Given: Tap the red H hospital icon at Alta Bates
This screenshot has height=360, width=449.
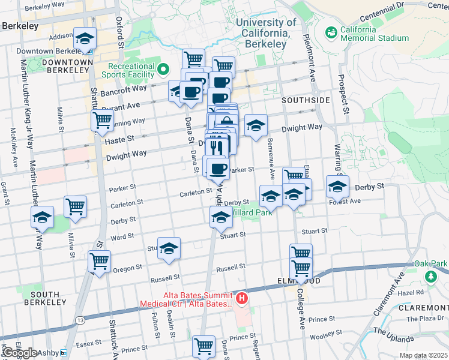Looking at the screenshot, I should pyautogui.click(x=241, y=298).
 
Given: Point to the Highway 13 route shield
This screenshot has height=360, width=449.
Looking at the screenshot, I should pyautogui.click(x=79, y=320).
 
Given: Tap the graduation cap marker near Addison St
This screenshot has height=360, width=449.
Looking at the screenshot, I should pyautogui.click(x=85, y=39).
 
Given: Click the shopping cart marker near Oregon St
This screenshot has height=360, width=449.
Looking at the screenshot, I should pyautogui.click(x=99, y=261).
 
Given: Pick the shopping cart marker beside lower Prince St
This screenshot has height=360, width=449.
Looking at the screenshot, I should pyautogui.click(x=203, y=346).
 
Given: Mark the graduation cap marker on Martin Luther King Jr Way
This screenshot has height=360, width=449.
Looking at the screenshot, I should pyautogui.click(x=43, y=217).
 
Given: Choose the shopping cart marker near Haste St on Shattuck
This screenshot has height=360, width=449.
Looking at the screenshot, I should pyautogui.click(x=102, y=121).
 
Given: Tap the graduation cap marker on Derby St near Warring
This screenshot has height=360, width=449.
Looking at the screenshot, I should pyautogui.click(x=337, y=187).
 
